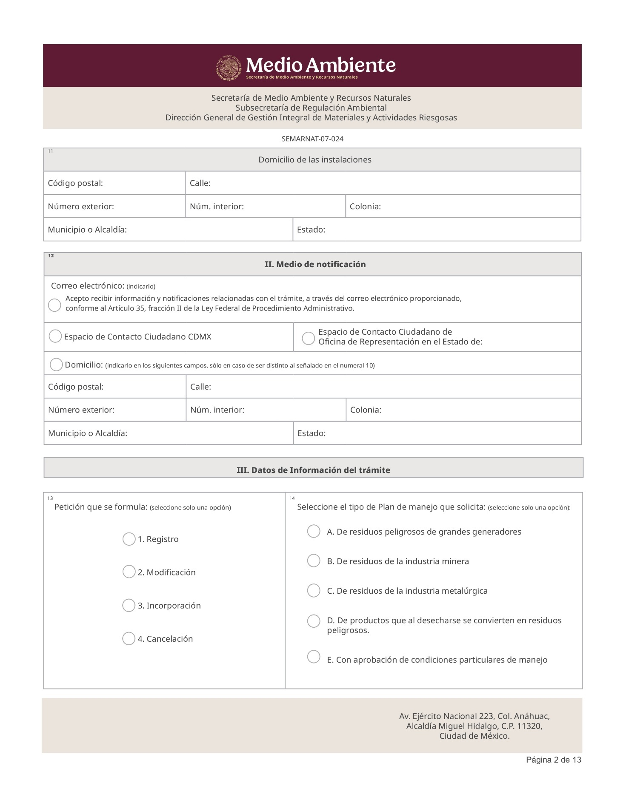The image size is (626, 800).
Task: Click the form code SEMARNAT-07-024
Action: click(312, 139)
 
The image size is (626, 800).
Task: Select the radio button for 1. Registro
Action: click(129, 539)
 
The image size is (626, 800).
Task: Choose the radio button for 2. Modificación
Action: click(129, 572)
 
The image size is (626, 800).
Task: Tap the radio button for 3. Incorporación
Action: click(129, 605)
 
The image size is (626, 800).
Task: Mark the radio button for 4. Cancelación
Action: click(129, 638)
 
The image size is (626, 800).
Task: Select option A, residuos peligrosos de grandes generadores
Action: click(314, 531)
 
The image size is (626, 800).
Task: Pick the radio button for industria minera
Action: click(314, 561)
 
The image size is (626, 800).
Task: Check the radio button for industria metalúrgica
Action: click(314, 590)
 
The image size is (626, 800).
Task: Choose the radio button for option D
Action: click(314, 621)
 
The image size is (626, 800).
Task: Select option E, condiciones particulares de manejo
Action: click(314, 657)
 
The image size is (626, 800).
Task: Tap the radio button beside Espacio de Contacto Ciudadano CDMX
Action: click(55, 336)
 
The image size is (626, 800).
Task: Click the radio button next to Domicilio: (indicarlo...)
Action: click(56, 364)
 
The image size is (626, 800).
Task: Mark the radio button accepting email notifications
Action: click(54, 305)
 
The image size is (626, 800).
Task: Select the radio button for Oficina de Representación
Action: click(308, 339)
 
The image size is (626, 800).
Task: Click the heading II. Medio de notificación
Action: click(315, 265)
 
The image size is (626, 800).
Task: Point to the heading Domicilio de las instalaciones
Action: click(315, 160)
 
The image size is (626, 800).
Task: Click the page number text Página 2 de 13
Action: click(553, 760)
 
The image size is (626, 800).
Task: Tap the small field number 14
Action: click(292, 498)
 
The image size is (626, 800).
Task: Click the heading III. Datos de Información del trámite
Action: click(313, 470)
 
